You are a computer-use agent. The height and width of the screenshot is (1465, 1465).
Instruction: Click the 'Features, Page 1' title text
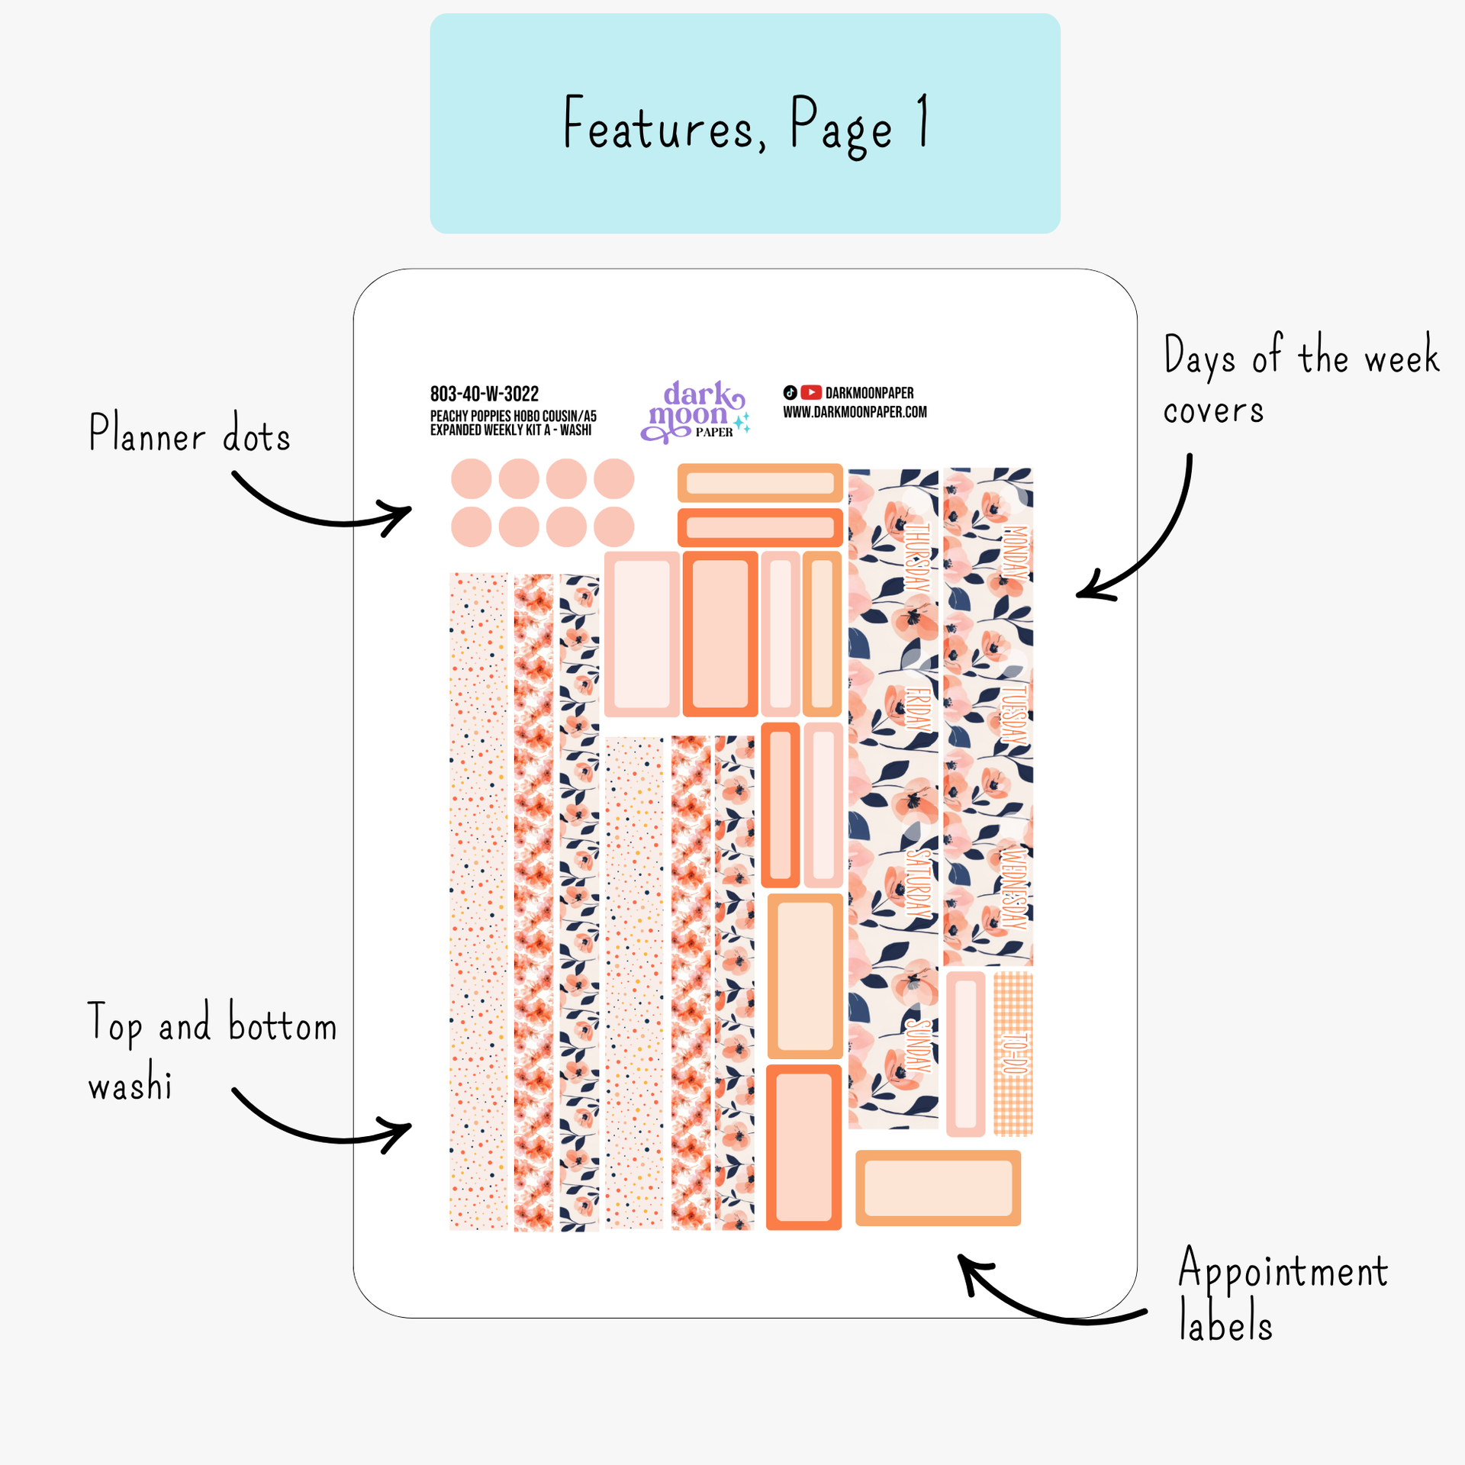point(745,124)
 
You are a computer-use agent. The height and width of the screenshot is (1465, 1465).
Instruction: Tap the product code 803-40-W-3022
point(485,394)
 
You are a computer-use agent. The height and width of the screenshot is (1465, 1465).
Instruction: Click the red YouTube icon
point(811,392)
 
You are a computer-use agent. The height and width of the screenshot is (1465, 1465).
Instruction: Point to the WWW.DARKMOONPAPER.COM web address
point(855,412)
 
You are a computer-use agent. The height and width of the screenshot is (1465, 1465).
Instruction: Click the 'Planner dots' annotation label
point(189,433)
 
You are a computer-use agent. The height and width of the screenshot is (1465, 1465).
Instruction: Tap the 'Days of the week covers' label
point(1300,380)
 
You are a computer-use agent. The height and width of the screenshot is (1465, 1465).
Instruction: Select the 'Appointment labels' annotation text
point(1282,1294)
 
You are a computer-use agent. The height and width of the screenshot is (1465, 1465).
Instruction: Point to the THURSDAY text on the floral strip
point(917,557)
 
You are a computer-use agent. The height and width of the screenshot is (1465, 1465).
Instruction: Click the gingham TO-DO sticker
point(1013,1053)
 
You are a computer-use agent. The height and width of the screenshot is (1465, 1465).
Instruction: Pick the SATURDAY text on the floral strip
point(918,884)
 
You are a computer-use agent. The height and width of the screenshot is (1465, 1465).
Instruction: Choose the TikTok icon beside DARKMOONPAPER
point(790,392)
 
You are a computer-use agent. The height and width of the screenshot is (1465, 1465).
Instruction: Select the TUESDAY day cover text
point(1013,714)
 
